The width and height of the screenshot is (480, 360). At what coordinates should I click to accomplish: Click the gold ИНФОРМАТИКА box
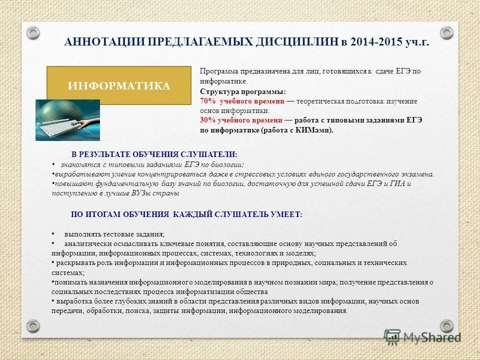click(118, 85)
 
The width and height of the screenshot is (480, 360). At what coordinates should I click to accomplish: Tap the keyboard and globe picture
click(67, 120)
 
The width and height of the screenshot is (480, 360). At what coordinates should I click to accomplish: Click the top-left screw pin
click(33, 33)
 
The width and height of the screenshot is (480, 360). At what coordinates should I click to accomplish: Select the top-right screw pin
click(446, 33)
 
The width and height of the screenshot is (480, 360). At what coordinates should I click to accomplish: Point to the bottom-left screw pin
click(33, 326)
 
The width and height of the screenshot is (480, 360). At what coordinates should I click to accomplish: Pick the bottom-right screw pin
click(446, 326)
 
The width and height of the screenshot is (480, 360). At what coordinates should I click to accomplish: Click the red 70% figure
click(207, 101)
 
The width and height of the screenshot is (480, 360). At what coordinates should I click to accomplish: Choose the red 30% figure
click(207, 120)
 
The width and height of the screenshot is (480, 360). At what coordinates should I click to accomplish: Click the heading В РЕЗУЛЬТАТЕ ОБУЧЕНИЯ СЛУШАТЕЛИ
click(154, 154)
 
